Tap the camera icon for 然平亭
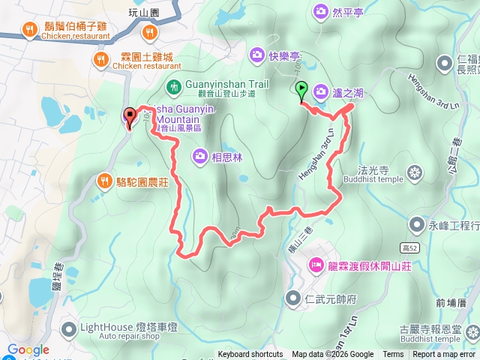[321, 11]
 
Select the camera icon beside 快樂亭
[256, 55]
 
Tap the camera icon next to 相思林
[200, 156]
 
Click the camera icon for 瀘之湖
[321, 92]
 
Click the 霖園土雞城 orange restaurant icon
[99, 58]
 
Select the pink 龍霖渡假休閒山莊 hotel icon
[315, 265]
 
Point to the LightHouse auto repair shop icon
[69, 328]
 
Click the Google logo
[28, 350]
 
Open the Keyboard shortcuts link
[250, 355]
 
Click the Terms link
[393, 355]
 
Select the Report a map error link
[445, 355]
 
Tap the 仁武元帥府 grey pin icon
[292, 298]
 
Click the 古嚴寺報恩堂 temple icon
[472, 330]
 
